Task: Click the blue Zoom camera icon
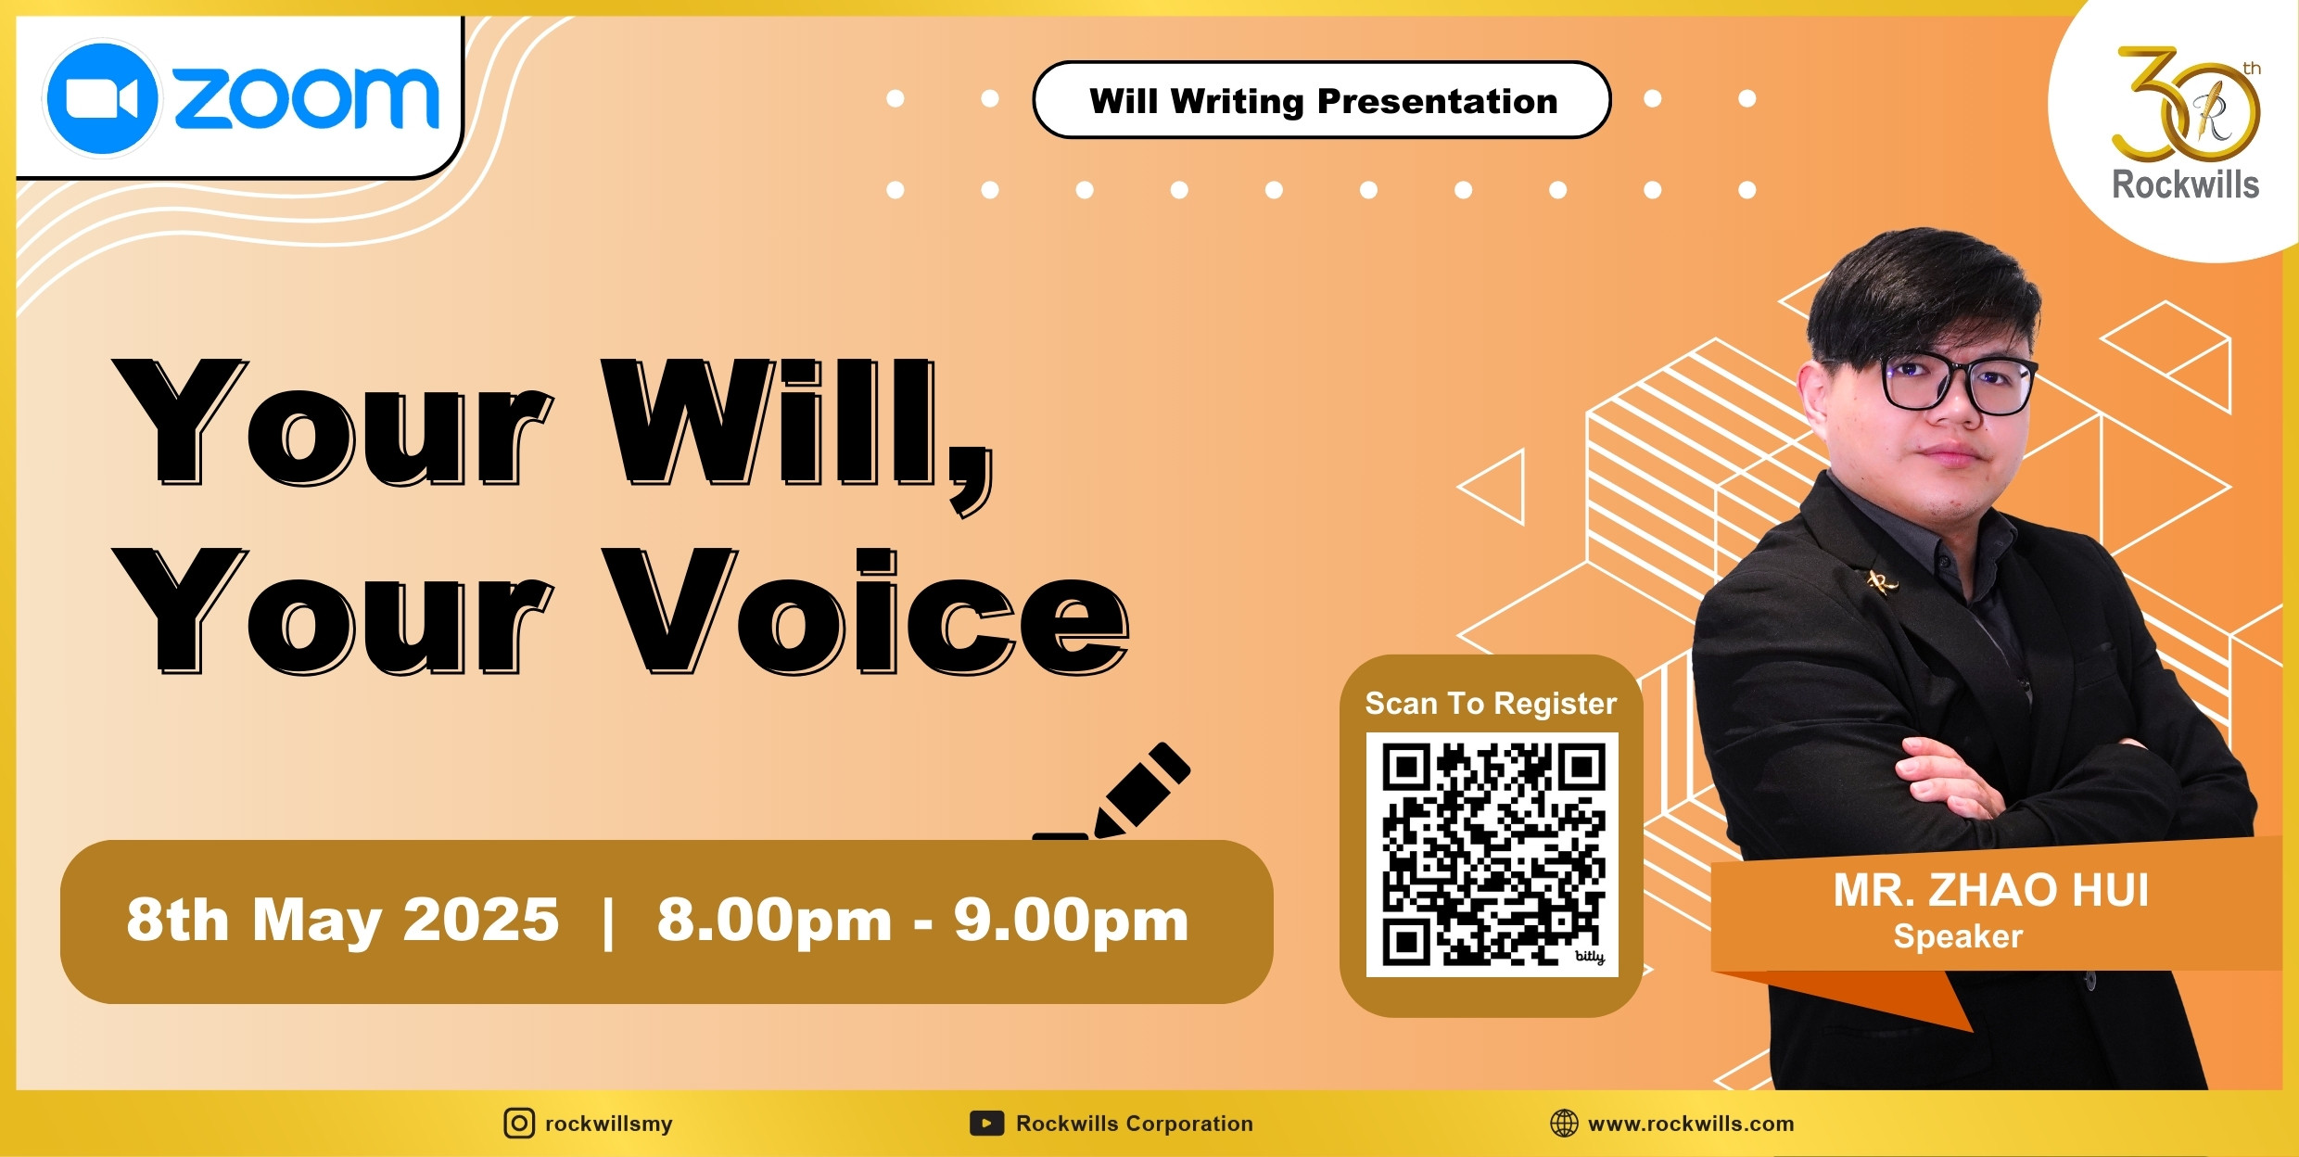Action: click(102, 97)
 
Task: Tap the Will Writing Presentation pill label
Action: click(1322, 100)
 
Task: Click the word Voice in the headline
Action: click(866, 611)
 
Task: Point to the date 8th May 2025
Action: click(343, 920)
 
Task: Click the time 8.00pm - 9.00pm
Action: click(922, 920)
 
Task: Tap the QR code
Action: click(1492, 854)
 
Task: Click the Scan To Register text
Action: click(1491, 704)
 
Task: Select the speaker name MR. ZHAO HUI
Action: click(1990, 890)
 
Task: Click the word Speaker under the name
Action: click(1958, 936)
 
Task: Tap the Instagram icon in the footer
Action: click(519, 1124)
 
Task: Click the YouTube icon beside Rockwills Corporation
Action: click(986, 1124)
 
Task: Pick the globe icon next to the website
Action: click(1564, 1124)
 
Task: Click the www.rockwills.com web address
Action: click(1691, 1124)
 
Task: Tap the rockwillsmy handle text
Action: click(609, 1124)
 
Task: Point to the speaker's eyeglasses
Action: click(1958, 383)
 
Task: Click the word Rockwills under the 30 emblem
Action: click(2185, 184)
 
